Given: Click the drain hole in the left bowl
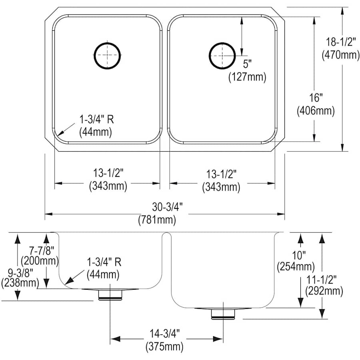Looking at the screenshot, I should coord(107,55).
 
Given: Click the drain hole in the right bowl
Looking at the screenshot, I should coord(222,55).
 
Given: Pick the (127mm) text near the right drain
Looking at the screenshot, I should coord(247,77).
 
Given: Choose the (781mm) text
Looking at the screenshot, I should coord(157,219).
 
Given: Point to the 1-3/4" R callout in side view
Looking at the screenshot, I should coord(104,263).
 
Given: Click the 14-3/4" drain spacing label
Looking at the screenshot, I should coord(165,333).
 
